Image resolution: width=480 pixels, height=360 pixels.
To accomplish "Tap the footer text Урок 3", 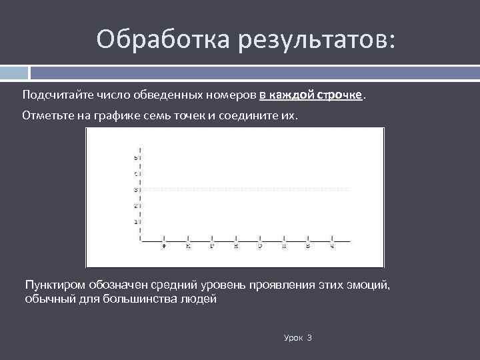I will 297,338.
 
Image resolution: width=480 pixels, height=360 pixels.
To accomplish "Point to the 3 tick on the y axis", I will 136,190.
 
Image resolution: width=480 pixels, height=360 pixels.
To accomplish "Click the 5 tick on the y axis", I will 136,158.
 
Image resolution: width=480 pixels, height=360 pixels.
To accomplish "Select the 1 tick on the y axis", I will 136,221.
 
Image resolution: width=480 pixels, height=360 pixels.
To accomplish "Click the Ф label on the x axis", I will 164,246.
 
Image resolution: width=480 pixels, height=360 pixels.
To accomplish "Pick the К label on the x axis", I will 188,246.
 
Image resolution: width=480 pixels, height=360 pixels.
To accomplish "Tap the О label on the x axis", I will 260,246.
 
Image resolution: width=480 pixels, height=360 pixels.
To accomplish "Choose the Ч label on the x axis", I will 332,246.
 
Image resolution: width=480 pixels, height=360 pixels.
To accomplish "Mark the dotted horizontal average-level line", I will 247,190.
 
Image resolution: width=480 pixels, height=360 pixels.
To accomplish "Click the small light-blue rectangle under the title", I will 14,72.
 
